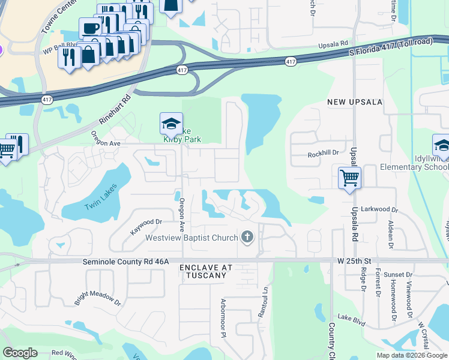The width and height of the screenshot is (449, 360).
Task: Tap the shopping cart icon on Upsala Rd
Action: coord(349,177)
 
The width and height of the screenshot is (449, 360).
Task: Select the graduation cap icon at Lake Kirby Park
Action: coord(171,124)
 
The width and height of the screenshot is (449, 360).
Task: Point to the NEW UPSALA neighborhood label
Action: coord(355,102)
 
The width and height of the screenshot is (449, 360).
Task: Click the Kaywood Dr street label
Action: coord(145,226)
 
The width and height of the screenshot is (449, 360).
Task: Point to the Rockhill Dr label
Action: coord(324,153)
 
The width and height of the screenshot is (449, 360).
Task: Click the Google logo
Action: coord(20,353)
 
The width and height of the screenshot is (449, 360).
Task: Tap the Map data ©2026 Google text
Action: coord(411,355)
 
